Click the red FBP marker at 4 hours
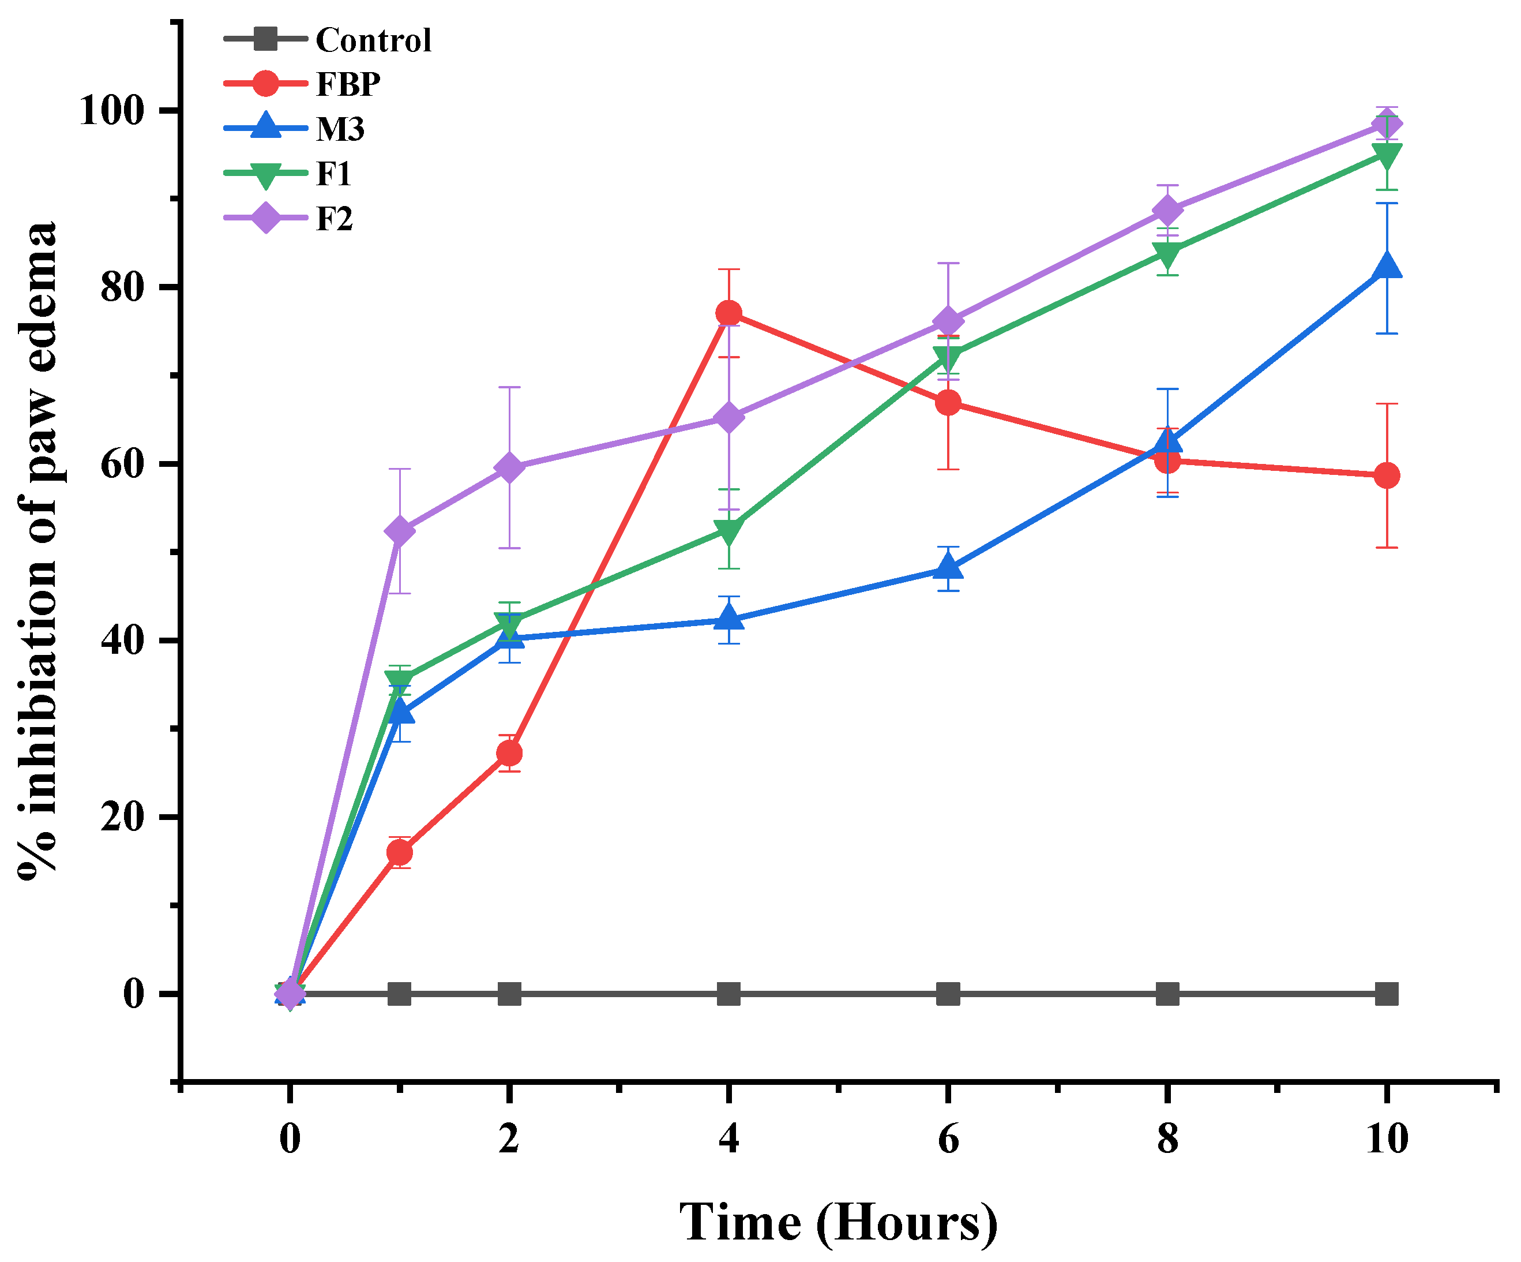728,313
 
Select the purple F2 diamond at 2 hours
509,467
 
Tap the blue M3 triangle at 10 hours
1386,267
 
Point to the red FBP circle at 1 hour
400,852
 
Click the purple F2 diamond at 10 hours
1386,125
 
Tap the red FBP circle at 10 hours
1386,475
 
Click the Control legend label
374,40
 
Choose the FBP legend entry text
348,85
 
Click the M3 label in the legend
340,130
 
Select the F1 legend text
333,174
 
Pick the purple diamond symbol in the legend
266,218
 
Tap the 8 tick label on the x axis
1167,1138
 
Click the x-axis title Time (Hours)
838,1223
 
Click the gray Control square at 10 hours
1386,994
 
